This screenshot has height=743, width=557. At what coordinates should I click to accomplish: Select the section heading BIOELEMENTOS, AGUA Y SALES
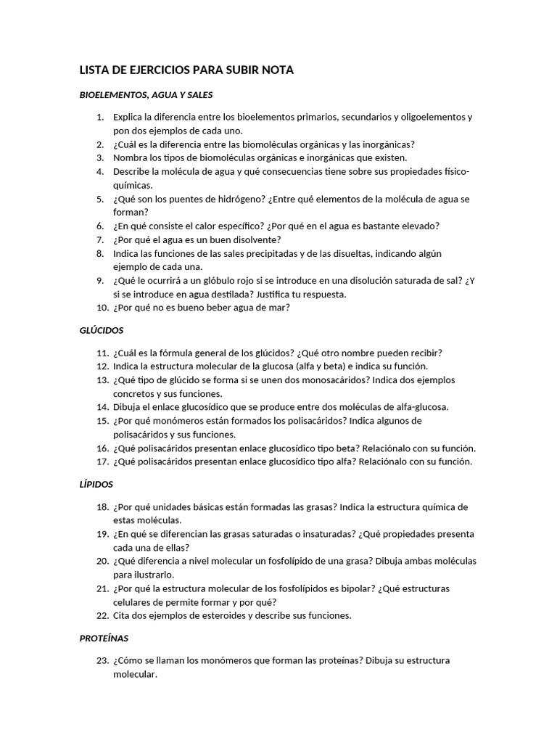pyautogui.click(x=145, y=94)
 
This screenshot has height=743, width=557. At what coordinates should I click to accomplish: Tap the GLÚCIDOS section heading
pyautogui.click(x=102, y=330)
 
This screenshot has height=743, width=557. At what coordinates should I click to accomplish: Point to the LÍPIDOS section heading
pyautogui.click(x=96, y=484)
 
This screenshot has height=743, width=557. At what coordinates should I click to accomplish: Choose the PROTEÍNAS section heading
pyautogui.click(x=104, y=639)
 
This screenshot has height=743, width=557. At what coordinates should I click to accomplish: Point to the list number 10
pyautogui.click(x=101, y=308)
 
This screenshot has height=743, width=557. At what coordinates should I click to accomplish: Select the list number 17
pyautogui.click(x=101, y=461)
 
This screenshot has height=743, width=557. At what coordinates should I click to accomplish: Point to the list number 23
pyautogui.click(x=101, y=661)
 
